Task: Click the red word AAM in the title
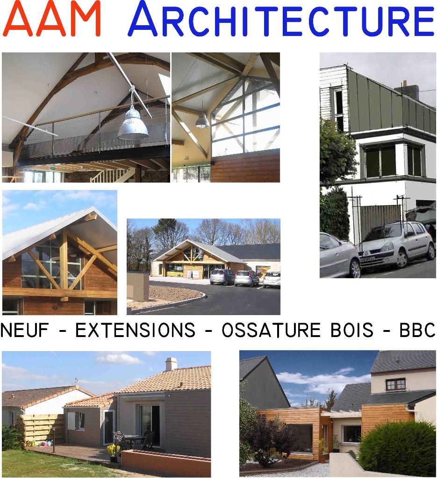click(x=51, y=19)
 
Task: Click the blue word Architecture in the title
click(x=281, y=19)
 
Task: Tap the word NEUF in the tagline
click(x=24, y=330)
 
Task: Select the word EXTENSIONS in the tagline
click(x=135, y=330)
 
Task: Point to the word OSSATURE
click(x=271, y=330)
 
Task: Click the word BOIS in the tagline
click(x=352, y=330)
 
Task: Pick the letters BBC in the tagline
click(x=417, y=330)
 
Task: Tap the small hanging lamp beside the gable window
click(x=202, y=120)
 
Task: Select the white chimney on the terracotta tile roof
click(x=171, y=364)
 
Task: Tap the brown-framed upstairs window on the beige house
click(x=395, y=385)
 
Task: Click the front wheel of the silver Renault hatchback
click(x=401, y=260)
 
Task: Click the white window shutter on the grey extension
click(x=72, y=421)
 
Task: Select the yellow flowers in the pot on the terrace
click(x=113, y=450)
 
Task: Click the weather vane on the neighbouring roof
click(x=76, y=381)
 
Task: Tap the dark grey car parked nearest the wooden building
click(x=222, y=277)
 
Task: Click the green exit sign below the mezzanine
click(x=52, y=169)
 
